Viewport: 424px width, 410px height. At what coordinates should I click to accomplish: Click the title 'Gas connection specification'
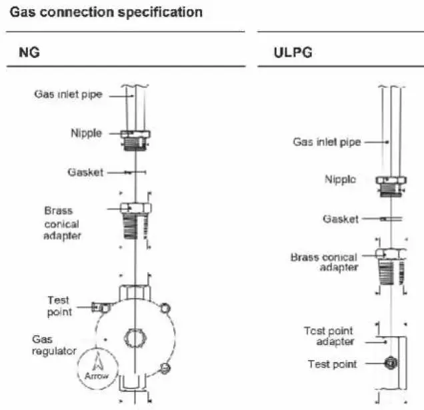click(x=105, y=12)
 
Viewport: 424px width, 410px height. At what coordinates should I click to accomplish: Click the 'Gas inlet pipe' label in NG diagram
click(x=68, y=95)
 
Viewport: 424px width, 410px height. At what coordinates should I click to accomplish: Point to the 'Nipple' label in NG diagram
click(x=87, y=133)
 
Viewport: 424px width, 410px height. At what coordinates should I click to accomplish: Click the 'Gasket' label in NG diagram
click(x=85, y=172)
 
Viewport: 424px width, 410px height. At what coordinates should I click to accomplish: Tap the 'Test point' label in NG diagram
click(x=59, y=306)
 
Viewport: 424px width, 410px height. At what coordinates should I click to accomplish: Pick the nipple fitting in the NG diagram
click(x=136, y=140)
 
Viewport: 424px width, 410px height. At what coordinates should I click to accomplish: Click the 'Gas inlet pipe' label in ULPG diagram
click(x=327, y=142)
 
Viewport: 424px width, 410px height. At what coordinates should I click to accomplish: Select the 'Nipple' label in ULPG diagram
click(x=340, y=179)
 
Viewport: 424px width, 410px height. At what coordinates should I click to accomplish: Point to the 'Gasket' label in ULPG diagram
click(x=341, y=219)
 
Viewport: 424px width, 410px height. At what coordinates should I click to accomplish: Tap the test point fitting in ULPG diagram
click(x=391, y=363)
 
